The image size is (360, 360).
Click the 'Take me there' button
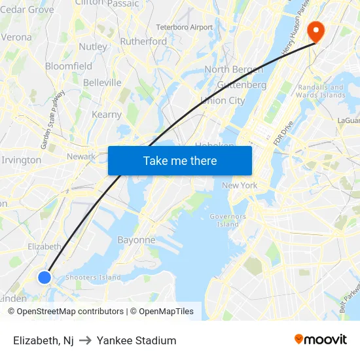pos(179,161)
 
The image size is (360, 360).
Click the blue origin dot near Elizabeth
pos(45,278)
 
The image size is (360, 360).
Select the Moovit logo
pos(320,340)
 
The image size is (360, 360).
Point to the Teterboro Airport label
pos(185,27)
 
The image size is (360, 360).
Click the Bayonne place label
pos(136,240)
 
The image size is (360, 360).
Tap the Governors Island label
pos(228,220)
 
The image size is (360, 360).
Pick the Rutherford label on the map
pos(143,41)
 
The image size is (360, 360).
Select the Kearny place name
pos(107,115)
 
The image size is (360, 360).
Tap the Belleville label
pos(102,82)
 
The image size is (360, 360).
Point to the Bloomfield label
pos(69,66)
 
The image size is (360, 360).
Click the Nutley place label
pos(93,47)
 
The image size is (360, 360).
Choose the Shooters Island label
pos(93,278)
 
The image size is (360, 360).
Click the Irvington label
pos(22,160)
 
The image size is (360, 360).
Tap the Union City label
pos(223,100)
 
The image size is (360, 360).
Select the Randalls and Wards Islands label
pos(321,91)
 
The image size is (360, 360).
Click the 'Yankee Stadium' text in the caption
pos(136,340)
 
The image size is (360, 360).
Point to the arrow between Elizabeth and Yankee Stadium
pos(85,340)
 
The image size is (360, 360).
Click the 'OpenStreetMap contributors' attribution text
pos(70,312)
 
